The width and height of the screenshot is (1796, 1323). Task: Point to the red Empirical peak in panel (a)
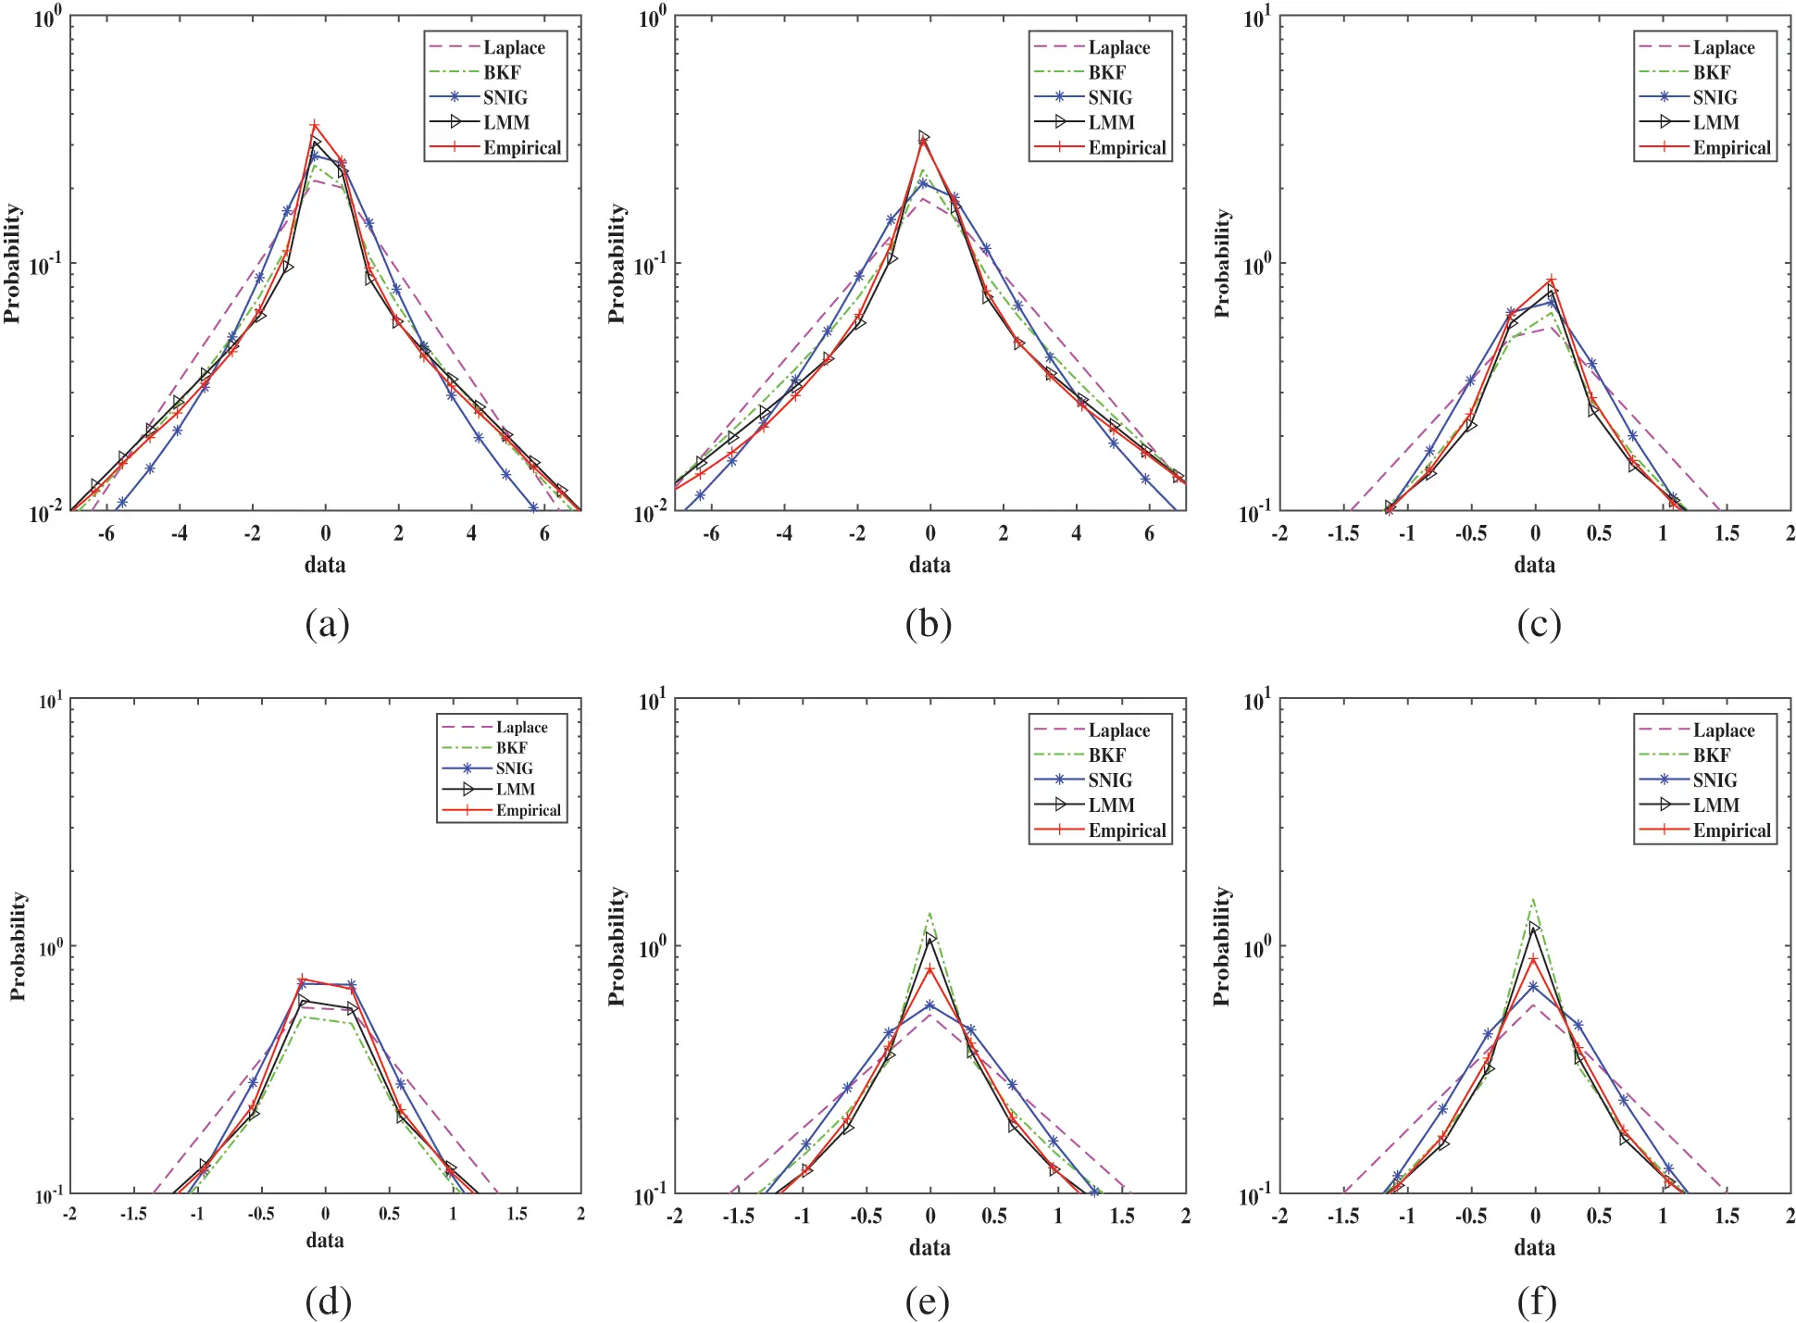tap(315, 126)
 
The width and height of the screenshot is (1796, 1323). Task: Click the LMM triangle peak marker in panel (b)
tap(923, 137)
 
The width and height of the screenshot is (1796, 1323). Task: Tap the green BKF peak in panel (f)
tap(1533, 899)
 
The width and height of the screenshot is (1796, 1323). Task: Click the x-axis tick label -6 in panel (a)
tap(106, 533)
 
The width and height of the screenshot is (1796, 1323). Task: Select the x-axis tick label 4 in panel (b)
tap(1076, 533)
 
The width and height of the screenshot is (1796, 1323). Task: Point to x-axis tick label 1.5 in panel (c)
tap(1726, 533)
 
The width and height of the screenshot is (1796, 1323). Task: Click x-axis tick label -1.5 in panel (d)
tap(133, 1214)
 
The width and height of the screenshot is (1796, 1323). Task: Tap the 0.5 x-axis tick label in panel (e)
tap(994, 1216)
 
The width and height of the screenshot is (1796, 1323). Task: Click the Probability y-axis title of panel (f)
tap(1222, 945)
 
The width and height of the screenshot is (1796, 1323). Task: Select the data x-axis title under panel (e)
tap(929, 1247)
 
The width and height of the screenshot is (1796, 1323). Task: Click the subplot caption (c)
tap(1538, 624)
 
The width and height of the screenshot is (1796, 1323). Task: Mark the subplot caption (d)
tap(328, 1302)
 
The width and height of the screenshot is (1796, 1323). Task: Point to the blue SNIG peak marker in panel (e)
tap(929, 1005)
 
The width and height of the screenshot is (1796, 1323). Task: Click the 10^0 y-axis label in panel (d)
tap(51, 946)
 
